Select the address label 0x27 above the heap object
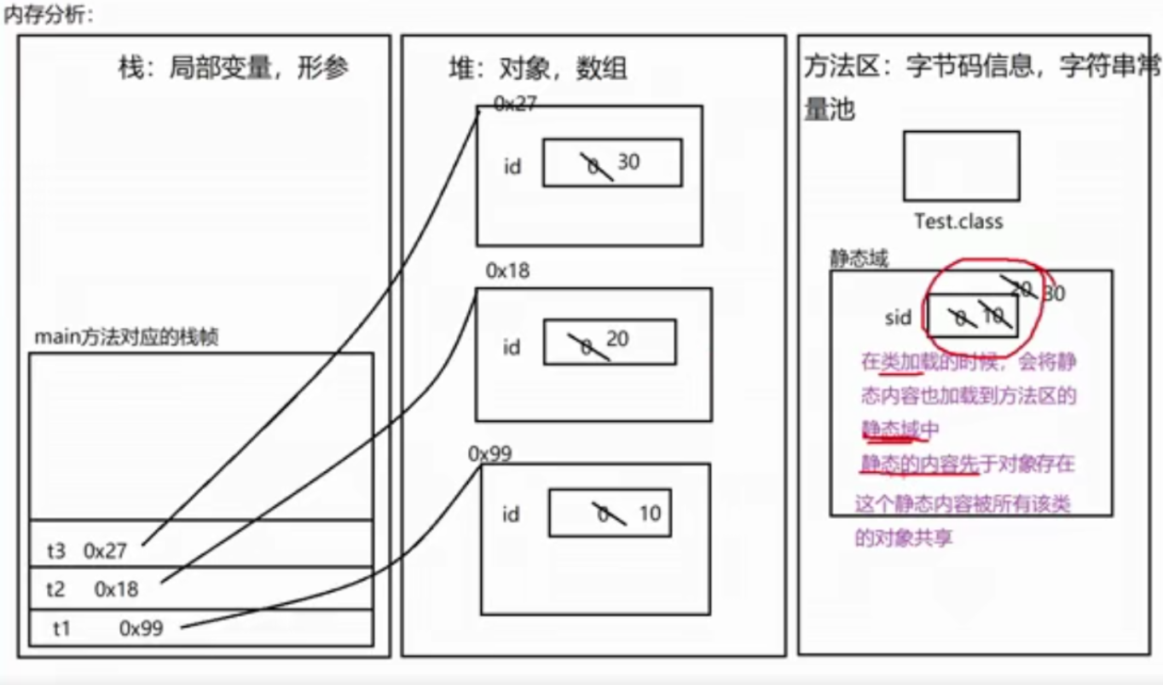[x=515, y=103]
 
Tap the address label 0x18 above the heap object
[x=507, y=271]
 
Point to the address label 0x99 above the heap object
[x=489, y=453]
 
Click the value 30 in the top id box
[x=628, y=161]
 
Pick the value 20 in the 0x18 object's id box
[x=617, y=339]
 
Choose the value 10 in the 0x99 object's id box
[x=649, y=514]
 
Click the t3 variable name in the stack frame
[x=56, y=550]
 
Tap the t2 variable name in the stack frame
[x=56, y=589]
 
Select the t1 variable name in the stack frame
[x=61, y=629]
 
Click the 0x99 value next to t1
[x=141, y=629]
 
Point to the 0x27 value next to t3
[x=105, y=550]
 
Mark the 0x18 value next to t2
[x=116, y=589]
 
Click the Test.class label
[x=958, y=222]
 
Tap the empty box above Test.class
[x=961, y=165]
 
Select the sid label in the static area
[x=898, y=318]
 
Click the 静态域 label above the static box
[x=859, y=258]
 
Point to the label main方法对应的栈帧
[x=125, y=337]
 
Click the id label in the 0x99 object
[x=512, y=514]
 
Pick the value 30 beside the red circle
[x=1054, y=294]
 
